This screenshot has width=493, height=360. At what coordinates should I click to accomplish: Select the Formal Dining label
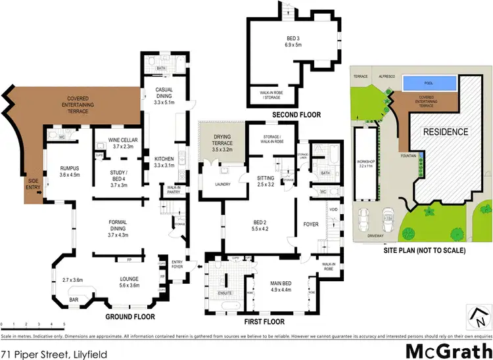click(x=118, y=227)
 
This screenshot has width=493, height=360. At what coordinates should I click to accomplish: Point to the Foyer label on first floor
click(x=310, y=225)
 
